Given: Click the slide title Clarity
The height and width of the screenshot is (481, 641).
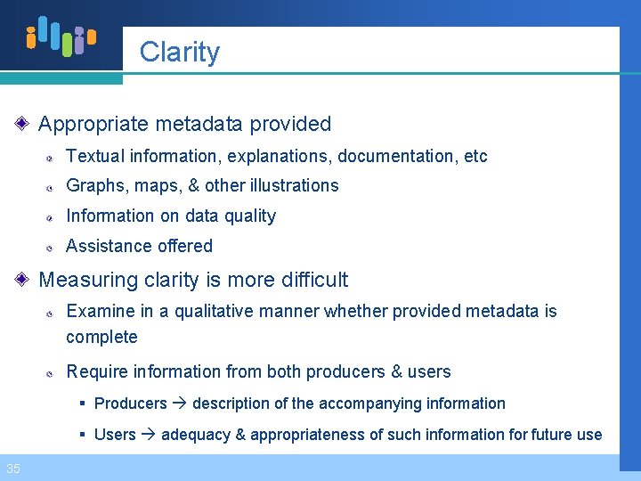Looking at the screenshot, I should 179,52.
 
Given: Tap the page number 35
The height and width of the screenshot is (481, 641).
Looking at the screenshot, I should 13,469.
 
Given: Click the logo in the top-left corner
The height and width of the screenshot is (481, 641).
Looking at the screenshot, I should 61,37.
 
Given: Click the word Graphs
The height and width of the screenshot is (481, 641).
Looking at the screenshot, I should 92,186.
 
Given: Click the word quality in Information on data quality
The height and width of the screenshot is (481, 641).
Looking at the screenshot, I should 252,216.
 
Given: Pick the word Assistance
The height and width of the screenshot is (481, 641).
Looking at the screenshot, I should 104,246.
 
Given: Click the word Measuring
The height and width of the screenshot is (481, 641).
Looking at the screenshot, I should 85,280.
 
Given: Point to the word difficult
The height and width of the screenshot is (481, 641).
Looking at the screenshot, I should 307,280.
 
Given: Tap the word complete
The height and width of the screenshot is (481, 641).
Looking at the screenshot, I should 101,338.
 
